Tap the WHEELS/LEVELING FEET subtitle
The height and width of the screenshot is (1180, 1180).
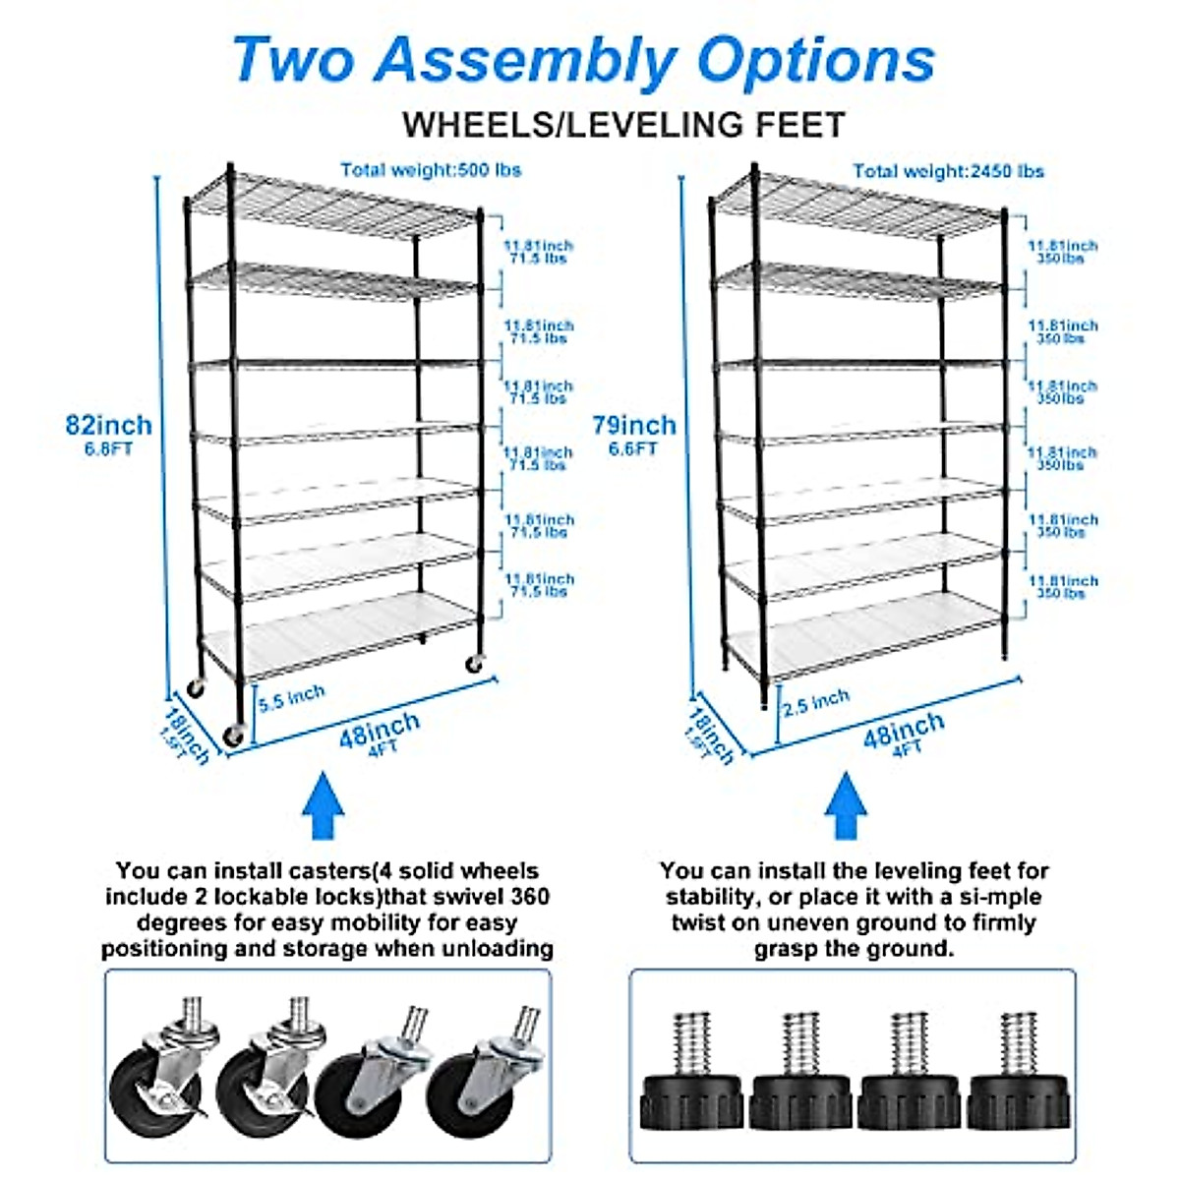click(x=623, y=125)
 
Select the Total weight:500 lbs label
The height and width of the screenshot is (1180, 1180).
click(x=431, y=170)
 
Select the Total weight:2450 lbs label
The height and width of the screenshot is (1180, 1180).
click(x=948, y=171)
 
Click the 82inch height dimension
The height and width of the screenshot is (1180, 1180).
click(x=108, y=426)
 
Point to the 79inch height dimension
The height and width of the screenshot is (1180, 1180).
click(x=633, y=426)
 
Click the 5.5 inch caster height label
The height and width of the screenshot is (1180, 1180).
click(x=291, y=697)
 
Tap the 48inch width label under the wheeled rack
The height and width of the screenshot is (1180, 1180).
click(x=380, y=729)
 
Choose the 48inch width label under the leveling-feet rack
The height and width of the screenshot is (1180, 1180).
click(x=904, y=730)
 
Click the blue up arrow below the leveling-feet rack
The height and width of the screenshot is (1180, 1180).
click(x=845, y=806)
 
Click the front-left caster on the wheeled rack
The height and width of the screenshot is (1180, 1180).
click(x=234, y=735)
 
